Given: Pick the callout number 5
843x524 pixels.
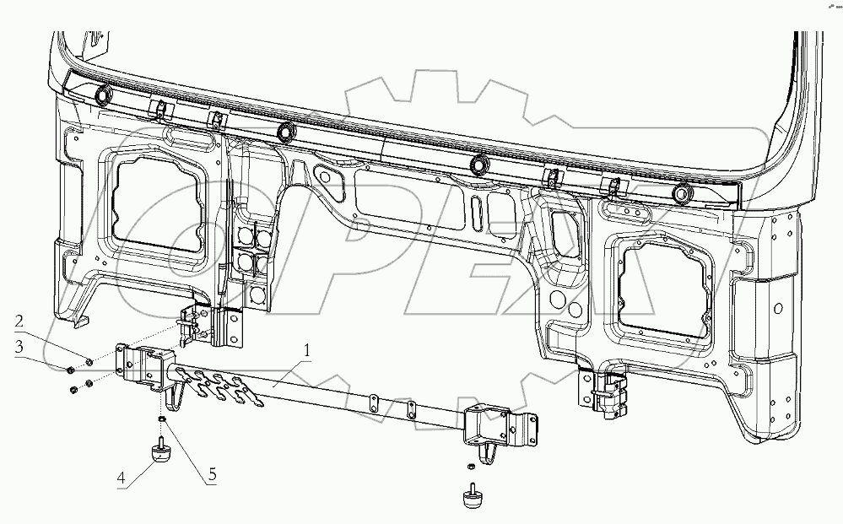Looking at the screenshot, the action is coord(212,475).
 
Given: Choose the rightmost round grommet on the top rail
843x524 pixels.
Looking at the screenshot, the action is coord(681,193).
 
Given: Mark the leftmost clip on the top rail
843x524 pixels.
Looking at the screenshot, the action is coord(157,109).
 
